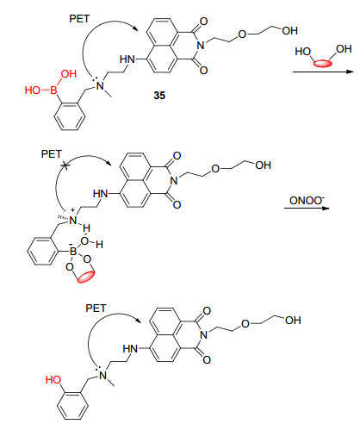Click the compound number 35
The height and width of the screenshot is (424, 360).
[159, 96]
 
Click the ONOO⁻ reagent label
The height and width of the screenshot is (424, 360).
[307, 200]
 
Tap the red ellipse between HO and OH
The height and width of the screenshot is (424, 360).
[322, 63]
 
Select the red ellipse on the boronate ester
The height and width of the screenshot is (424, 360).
[86, 277]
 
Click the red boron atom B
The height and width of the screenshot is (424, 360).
[53, 90]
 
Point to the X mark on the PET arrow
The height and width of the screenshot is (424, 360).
[65, 165]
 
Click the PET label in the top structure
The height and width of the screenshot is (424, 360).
[79, 19]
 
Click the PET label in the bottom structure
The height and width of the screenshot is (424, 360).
[96, 309]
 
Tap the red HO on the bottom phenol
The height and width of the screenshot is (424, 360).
[53, 380]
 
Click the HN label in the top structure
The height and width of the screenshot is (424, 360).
[127, 59]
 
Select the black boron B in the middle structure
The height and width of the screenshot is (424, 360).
[73, 252]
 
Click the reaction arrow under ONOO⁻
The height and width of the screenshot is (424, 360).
[307, 208]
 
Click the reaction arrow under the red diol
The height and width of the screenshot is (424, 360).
[324, 72]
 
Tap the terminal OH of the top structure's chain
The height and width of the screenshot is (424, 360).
[289, 31]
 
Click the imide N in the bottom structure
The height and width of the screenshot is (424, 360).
[203, 334]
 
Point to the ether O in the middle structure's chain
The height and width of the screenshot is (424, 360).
[215, 169]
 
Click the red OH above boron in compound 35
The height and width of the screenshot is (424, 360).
[69, 74]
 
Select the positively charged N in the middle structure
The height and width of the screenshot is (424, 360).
[73, 221]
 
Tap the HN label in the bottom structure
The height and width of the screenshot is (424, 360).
[130, 349]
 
